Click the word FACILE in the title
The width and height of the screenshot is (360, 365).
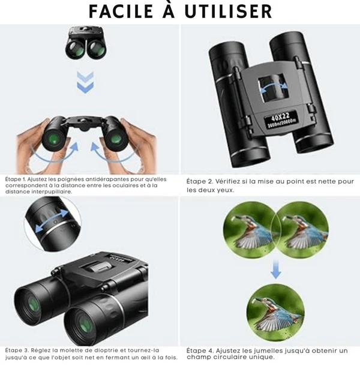click(x=121, y=11)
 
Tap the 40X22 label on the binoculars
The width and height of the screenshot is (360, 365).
click(x=280, y=116)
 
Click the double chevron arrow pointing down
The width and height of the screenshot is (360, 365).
click(x=85, y=82)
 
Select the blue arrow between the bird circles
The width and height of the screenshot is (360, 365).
click(x=276, y=270)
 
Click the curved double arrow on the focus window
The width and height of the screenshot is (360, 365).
click(x=274, y=88)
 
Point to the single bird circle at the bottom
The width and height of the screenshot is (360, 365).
click(x=275, y=313)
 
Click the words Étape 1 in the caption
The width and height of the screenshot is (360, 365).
click(x=16, y=179)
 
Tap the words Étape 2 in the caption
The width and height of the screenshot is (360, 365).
click(x=199, y=181)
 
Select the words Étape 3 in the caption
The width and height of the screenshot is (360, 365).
click(x=17, y=351)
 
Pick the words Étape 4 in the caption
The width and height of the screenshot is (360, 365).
click(x=200, y=351)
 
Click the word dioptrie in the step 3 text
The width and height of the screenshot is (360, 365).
click(x=105, y=351)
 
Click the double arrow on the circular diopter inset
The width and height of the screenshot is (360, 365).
click(x=52, y=220)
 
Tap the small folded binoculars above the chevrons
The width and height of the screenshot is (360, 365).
click(x=86, y=42)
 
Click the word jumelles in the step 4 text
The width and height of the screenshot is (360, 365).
click(x=266, y=351)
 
